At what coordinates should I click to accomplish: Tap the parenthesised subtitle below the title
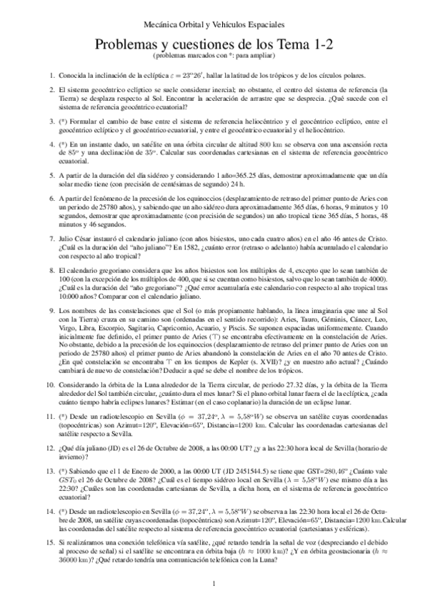[214, 56]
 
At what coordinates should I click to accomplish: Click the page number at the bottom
[214, 585]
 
